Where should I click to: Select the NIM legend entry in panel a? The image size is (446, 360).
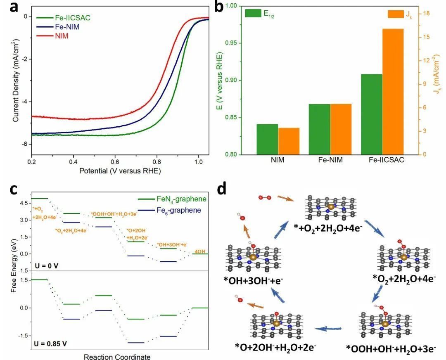coord(62,36)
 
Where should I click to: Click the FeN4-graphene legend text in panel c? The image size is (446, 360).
coord(182,199)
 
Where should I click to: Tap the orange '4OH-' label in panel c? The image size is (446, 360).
coord(201,251)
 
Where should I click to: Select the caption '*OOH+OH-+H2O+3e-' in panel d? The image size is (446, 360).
coord(391,349)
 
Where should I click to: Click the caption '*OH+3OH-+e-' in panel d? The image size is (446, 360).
coord(254,282)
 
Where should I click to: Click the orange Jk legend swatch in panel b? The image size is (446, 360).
coord(396,14)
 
